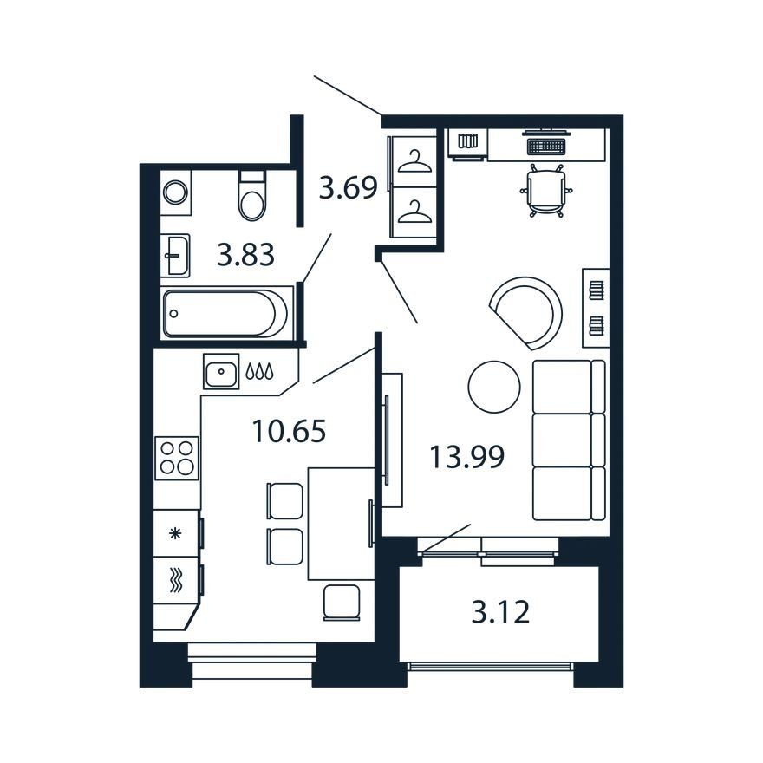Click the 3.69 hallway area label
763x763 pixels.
tap(348, 188)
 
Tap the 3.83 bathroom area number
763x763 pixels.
tap(245, 255)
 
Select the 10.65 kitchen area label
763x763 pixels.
tap(289, 431)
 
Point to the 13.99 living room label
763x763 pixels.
tap(466, 457)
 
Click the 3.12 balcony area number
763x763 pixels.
tap(500, 612)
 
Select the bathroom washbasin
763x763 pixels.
tap(176, 255)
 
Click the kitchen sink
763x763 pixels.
tap(221, 371)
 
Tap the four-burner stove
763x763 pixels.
tap(177, 458)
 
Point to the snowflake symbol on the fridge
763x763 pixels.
tap(175, 534)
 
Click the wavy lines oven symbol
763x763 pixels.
tap(176, 581)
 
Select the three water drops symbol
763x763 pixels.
tap(259, 371)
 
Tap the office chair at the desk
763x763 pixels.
tap(545, 190)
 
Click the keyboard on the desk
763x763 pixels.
tap(545, 145)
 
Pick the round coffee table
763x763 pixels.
tap(494, 387)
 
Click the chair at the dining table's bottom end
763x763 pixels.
tap(342, 603)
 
